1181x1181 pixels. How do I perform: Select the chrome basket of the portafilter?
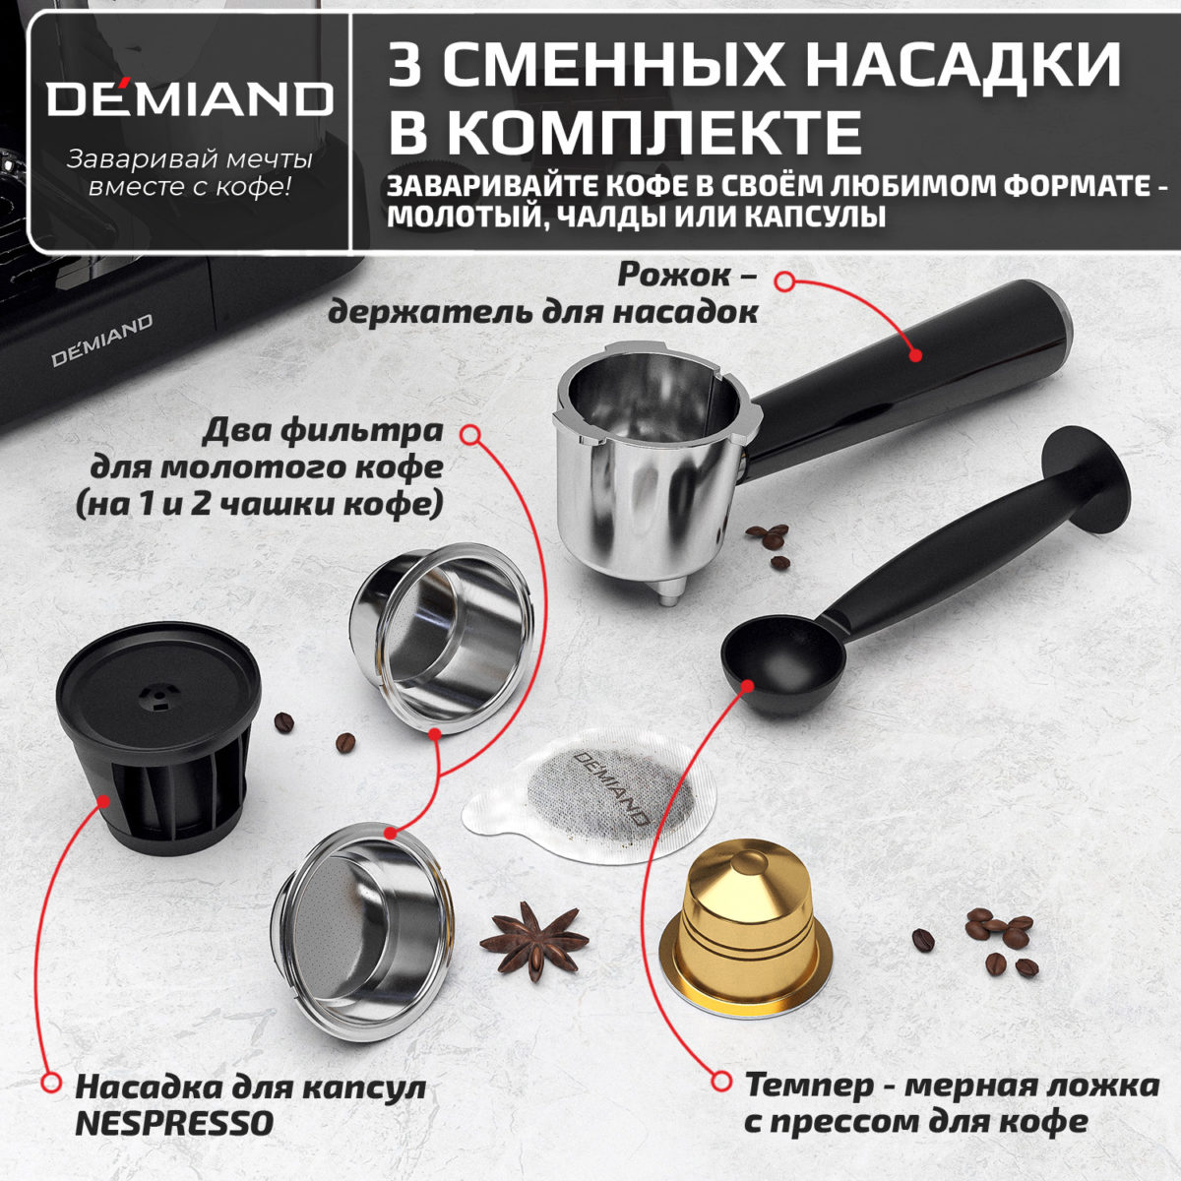(x=650, y=463)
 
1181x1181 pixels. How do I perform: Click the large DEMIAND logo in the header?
(x=189, y=99)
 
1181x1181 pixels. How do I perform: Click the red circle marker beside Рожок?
(x=784, y=281)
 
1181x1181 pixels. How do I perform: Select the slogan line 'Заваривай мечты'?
(x=189, y=159)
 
